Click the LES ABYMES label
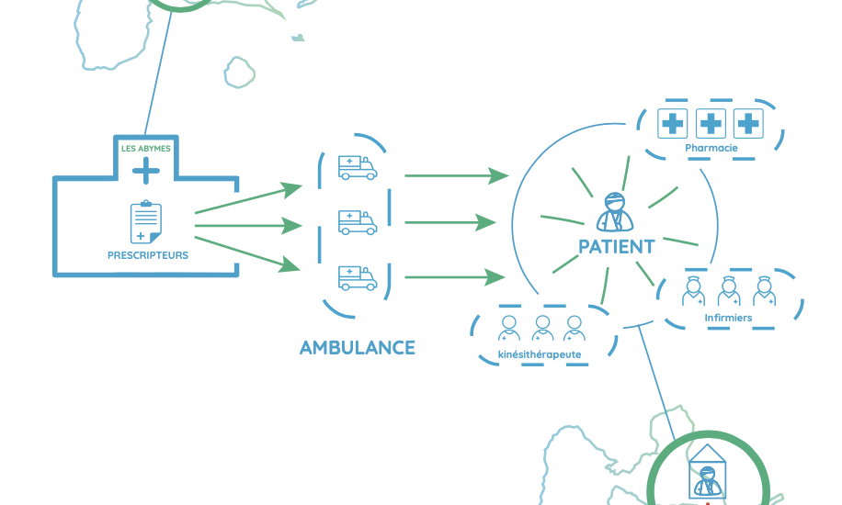[x=145, y=148]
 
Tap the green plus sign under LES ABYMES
[x=145, y=170]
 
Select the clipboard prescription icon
[x=145, y=223]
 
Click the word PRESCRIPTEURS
[x=148, y=255]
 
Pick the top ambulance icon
[x=357, y=167]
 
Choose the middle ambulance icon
[x=357, y=222]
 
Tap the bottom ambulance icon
[x=357, y=277]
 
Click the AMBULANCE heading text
[x=357, y=348]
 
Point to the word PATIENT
[x=616, y=247]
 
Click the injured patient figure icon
[x=615, y=213]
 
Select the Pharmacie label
[x=711, y=148]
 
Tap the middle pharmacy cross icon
[x=711, y=122]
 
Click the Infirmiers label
[x=728, y=319]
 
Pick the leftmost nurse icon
[x=694, y=291]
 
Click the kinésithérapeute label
[x=540, y=354]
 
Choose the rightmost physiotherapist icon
[x=575, y=328]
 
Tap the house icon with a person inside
[x=706, y=472]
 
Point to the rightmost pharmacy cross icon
[x=749, y=122]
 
